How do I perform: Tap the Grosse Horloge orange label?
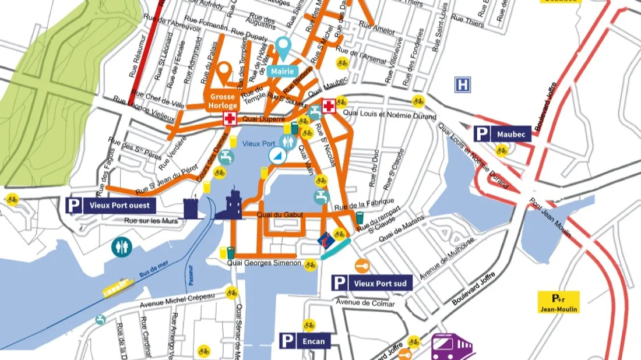(x=223, y=101)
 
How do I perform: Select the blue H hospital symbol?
(x=463, y=85)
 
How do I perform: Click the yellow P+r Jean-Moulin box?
(x=558, y=302)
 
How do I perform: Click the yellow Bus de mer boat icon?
(x=119, y=288)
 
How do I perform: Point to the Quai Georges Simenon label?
(x=264, y=263)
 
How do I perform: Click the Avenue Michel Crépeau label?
(x=177, y=301)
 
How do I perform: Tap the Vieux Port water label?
(x=258, y=143)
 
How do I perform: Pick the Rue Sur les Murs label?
(x=150, y=221)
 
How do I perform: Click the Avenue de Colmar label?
(x=365, y=303)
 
